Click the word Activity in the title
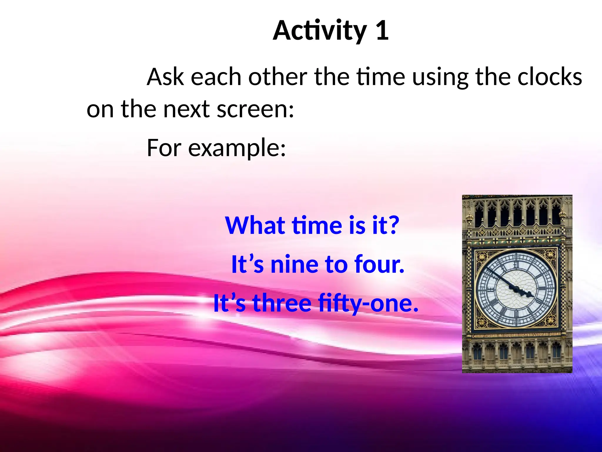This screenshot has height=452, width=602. click(x=320, y=31)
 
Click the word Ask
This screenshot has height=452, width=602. click(x=165, y=77)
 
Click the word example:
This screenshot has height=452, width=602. click(x=237, y=148)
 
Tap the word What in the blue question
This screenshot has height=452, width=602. click(x=255, y=225)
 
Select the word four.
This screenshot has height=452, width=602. click(x=379, y=264)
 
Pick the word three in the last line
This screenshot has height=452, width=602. click(x=282, y=303)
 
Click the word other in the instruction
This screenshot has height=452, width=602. click(x=277, y=77)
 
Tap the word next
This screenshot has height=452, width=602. click(x=186, y=109)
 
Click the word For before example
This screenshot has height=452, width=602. click(x=164, y=148)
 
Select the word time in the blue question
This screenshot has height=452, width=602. click(x=317, y=225)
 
